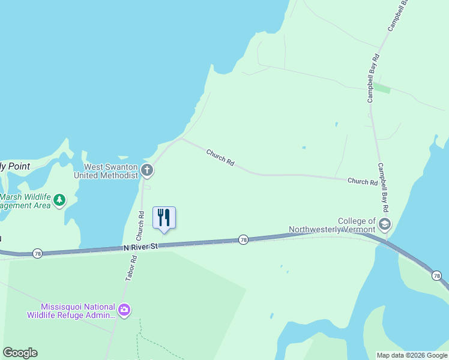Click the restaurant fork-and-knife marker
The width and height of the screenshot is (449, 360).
(164, 217)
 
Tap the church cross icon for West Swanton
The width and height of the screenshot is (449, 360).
(148, 172)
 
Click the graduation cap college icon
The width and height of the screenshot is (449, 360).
(385, 226)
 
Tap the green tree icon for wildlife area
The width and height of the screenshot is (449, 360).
(59, 200)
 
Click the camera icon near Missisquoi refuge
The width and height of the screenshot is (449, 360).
(124, 310)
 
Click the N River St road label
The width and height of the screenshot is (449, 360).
(140, 247)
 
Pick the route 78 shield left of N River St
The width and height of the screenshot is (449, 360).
(37, 253)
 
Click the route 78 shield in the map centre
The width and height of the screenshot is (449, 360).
(243, 239)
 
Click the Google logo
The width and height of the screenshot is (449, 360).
(20, 353)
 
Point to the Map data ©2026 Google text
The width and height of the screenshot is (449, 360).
(412, 355)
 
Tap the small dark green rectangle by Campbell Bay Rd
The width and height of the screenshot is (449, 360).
(382, 89)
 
